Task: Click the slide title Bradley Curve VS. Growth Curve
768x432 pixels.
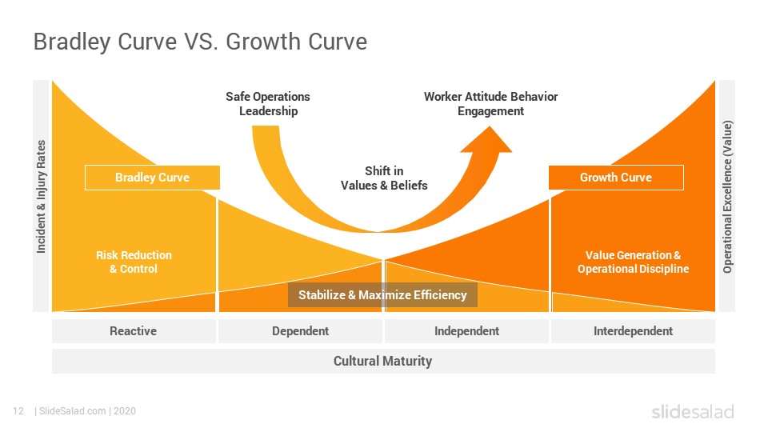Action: point(200,42)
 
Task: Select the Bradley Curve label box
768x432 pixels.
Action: point(152,178)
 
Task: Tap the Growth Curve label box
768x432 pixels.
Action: point(616,178)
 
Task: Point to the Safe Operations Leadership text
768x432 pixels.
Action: point(268,104)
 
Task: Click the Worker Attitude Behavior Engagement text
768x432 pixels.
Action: point(490,104)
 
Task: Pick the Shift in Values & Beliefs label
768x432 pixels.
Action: point(384,178)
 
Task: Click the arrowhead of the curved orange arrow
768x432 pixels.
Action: point(487,141)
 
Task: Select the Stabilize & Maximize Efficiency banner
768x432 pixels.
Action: point(382,295)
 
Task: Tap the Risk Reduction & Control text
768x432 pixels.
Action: point(134,262)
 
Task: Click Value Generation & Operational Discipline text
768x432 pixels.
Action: point(633,262)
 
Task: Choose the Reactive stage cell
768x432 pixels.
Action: point(134,331)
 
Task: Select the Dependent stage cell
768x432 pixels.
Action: point(300,331)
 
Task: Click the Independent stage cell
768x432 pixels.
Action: point(466,331)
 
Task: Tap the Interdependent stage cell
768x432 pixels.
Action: point(633,331)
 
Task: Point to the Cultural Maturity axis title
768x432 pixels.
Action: point(383,361)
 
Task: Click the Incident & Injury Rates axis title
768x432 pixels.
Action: point(41,197)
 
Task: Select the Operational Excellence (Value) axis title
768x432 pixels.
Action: point(727,197)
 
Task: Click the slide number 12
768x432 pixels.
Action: point(18,411)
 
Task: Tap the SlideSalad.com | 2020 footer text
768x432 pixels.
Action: point(86,411)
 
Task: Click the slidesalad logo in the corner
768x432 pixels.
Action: point(693,411)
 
